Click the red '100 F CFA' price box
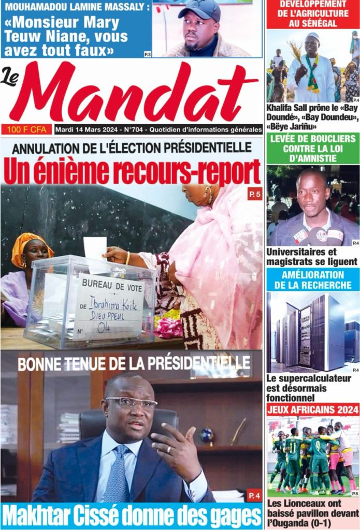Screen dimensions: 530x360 coord(26,129)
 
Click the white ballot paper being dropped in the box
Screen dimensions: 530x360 coord(95,248)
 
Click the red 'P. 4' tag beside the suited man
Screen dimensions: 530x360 coord(254,496)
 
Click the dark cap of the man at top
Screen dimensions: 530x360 coord(201,9)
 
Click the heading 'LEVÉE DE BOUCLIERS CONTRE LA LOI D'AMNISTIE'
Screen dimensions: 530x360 coord(312,149)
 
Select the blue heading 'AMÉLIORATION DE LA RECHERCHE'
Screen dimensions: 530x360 coord(312,279)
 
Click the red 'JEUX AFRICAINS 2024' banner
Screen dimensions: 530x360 coord(312,409)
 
